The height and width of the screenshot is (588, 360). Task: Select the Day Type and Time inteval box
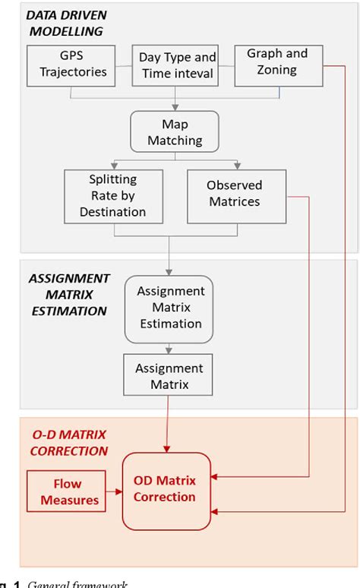pos(178,65)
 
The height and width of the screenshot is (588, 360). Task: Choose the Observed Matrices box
pos(236,194)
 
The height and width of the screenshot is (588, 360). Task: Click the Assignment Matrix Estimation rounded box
pos(169,307)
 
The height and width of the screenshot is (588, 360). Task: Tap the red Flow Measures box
pos(67,492)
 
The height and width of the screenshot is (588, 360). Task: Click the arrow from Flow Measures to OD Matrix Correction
pos(115,492)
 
